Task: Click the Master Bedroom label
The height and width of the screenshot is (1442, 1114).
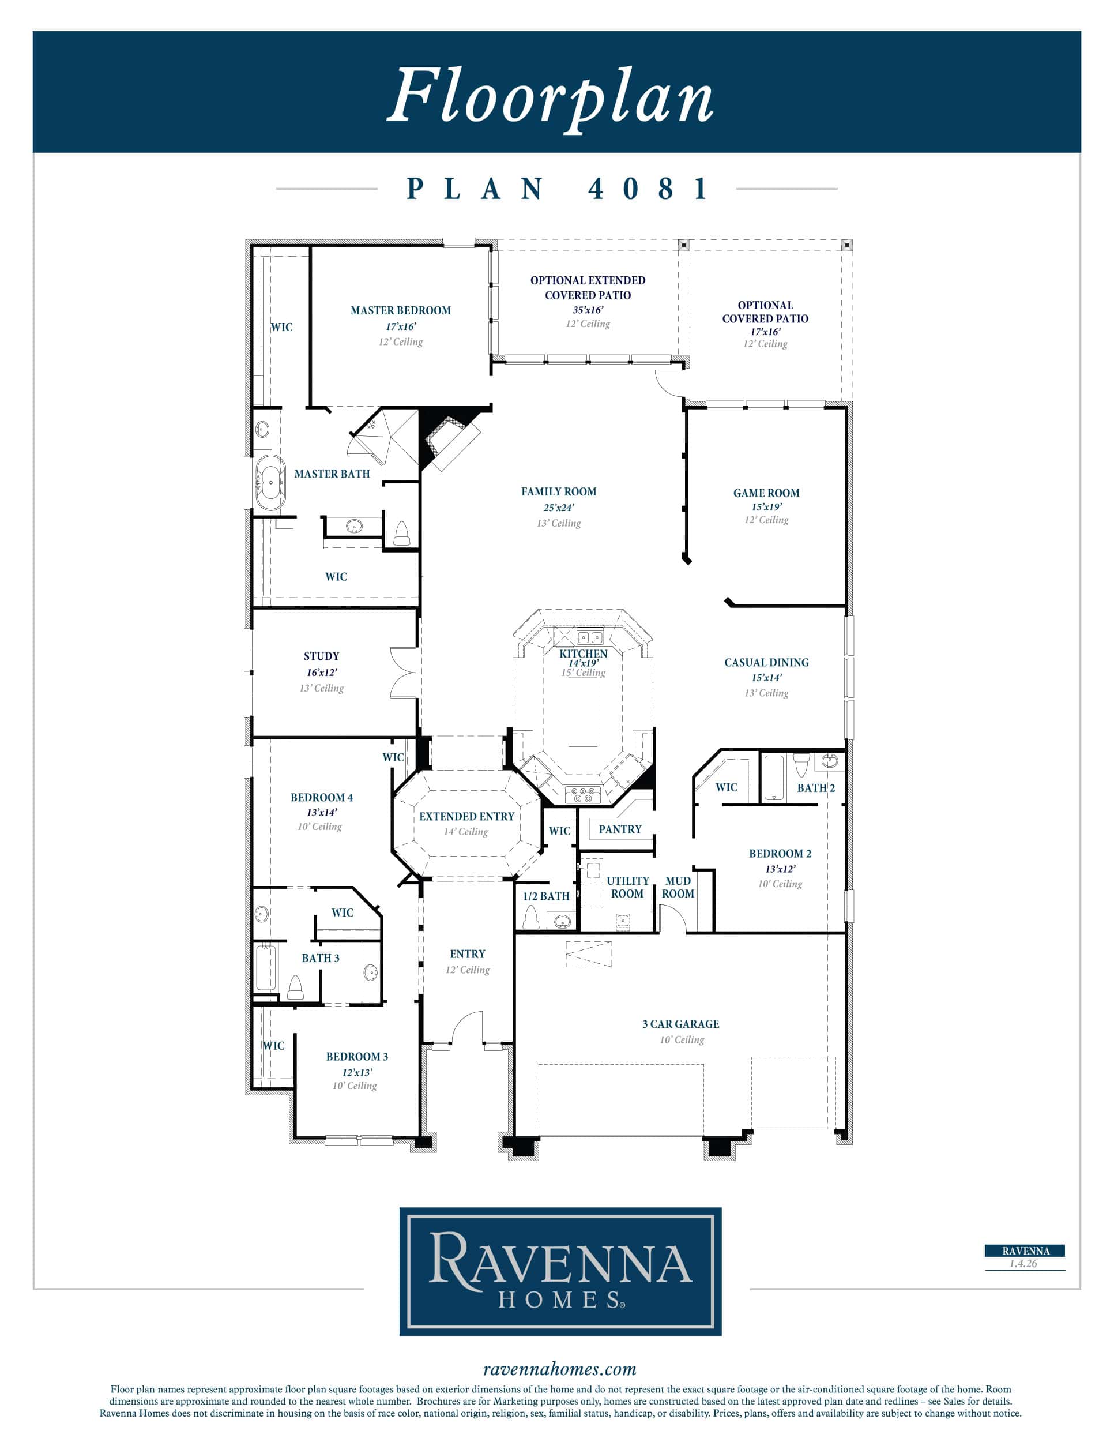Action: click(x=401, y=310)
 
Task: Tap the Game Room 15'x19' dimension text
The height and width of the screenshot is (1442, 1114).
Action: click(x=766, y=507)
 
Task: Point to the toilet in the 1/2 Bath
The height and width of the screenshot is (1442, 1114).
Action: click(x=530, y=917)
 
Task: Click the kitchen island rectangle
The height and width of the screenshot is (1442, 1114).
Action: click(x=583, y=711)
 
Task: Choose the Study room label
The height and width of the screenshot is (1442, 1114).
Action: click(x=321, y=656)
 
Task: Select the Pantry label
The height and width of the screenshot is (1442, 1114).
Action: click(x=620, y=829)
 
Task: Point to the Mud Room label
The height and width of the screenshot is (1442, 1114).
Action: click(x=678, y=887)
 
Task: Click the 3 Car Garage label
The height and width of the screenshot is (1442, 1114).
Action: click(x=680, y=1024)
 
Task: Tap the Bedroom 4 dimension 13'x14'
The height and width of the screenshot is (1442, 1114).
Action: click(x=321, y=812)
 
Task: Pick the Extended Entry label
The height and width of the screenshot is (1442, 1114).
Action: click(x=466, y=817)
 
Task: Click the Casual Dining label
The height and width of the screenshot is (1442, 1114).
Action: click(x=766, y=662)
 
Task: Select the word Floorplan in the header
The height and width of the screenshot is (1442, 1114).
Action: click(x=551, y=96)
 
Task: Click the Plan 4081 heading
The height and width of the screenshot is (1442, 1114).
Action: click(x=557, y=189)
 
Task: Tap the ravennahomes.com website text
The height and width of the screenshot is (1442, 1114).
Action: click(x=560, y=1369)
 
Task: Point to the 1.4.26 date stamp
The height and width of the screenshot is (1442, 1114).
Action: click(x=1023, y=1264)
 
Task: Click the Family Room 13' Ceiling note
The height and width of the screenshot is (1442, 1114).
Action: click(x=558, y=523)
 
